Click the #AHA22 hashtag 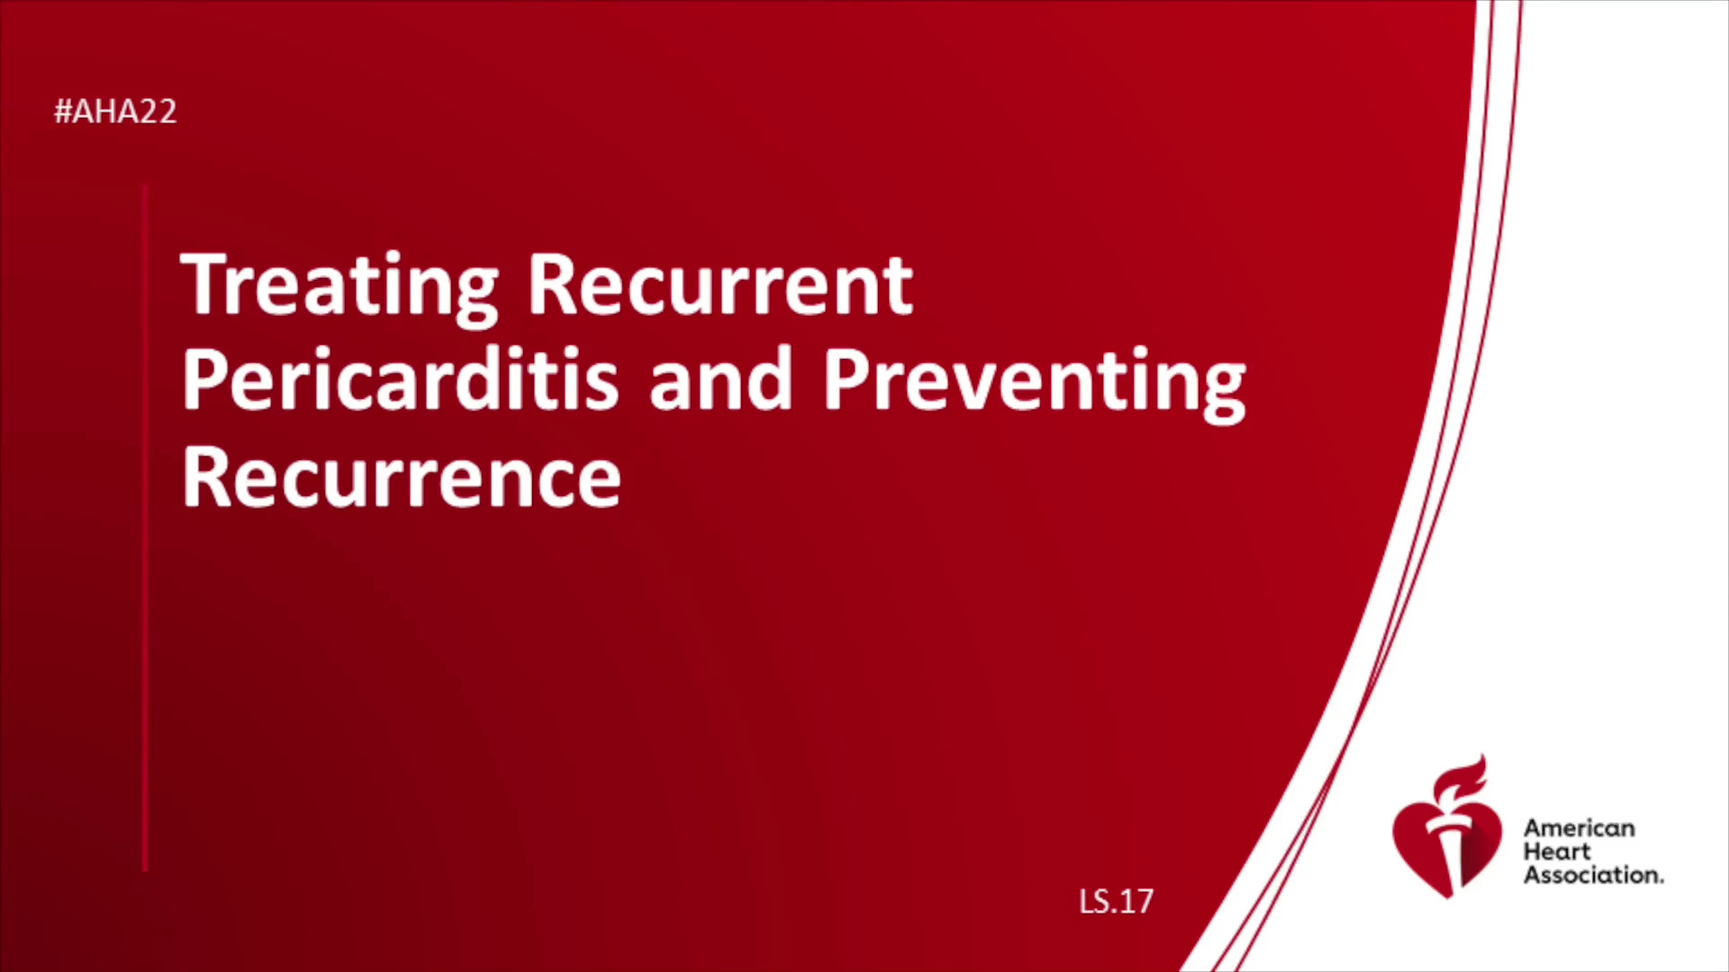point(115,112)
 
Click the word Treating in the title point(339,289)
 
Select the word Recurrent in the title point(720,284)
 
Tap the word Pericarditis point(400,381)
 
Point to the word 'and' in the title point(720,381)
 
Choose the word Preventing point(1035,385)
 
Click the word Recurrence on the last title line point(402,477)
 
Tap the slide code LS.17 point(1116,902)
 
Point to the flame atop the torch point(1461,779)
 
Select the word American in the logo point(1579,828)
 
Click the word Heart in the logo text point(1557,851)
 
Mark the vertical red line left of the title point(145,527)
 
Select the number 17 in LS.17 point(1136,902)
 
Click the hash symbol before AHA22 point(63,112)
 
